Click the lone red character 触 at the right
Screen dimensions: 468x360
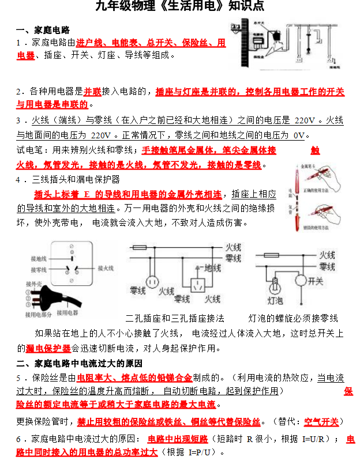(x=314, y=150)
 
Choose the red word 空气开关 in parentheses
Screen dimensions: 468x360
(x=321, y=421)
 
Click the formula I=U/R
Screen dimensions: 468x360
(x=318, y=440)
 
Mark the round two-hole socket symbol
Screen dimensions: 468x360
(x=152, y=281)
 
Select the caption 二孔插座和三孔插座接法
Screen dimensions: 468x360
(x=175, y=318)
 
